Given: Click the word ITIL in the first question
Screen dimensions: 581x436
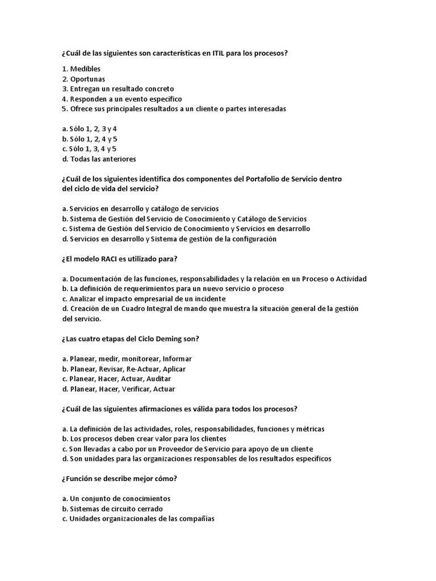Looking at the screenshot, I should coord(219,53).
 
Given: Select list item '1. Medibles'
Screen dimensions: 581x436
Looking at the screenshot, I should coord(82,69).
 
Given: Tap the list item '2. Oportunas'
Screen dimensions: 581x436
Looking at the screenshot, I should coord(83,79).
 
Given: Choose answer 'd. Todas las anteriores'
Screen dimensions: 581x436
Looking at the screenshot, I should coord(99,159).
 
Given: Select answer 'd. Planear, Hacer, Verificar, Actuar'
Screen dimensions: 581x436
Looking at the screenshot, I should coord(119,389).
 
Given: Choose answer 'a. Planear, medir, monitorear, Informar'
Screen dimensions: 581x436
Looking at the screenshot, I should coord(127,359).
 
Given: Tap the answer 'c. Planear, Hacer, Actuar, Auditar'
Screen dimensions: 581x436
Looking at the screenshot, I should coord(116,378).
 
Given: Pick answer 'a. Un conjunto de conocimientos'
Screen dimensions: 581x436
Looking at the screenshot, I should coord(116,498).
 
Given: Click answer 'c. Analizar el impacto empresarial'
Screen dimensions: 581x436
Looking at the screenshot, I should coord(144,298).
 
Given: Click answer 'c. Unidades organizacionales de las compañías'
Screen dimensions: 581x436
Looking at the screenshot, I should coord(139,518).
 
